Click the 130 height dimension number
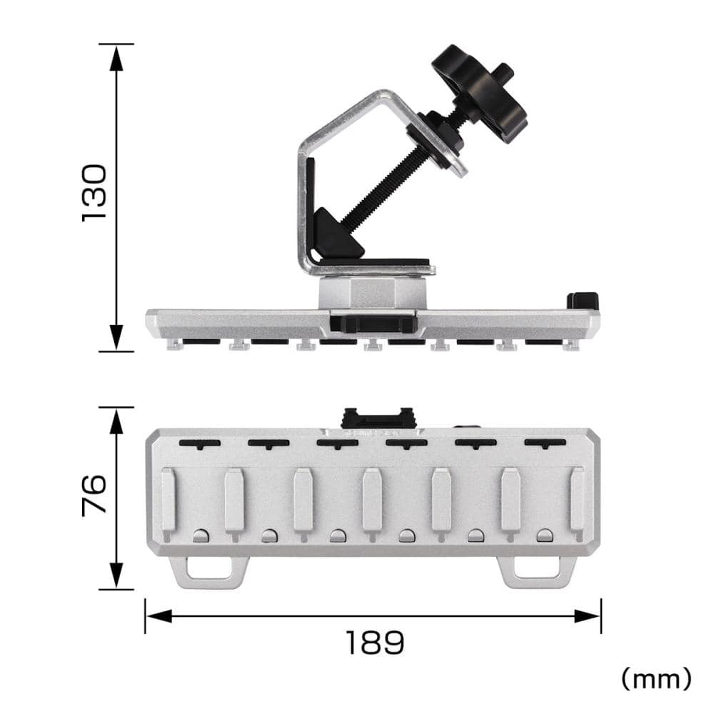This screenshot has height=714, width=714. (94, 193)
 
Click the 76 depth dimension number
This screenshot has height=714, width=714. (94, 495)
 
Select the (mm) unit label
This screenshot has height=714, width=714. (656, 679)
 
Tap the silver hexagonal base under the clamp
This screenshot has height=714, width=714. (373, 293)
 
